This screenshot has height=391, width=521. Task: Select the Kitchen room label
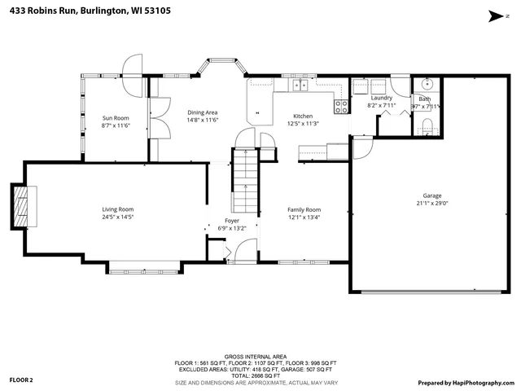303,116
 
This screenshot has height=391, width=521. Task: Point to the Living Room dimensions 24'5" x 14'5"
117,217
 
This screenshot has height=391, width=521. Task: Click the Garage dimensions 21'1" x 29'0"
432,203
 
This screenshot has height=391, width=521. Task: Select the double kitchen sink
300,84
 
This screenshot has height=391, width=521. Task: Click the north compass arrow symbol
494,15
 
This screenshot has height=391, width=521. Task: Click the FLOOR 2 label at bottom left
21,380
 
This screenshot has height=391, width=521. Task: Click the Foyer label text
232,221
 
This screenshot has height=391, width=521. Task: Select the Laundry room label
381,98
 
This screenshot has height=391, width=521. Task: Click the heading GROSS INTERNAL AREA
257,357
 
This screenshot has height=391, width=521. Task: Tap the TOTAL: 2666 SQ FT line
257,376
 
